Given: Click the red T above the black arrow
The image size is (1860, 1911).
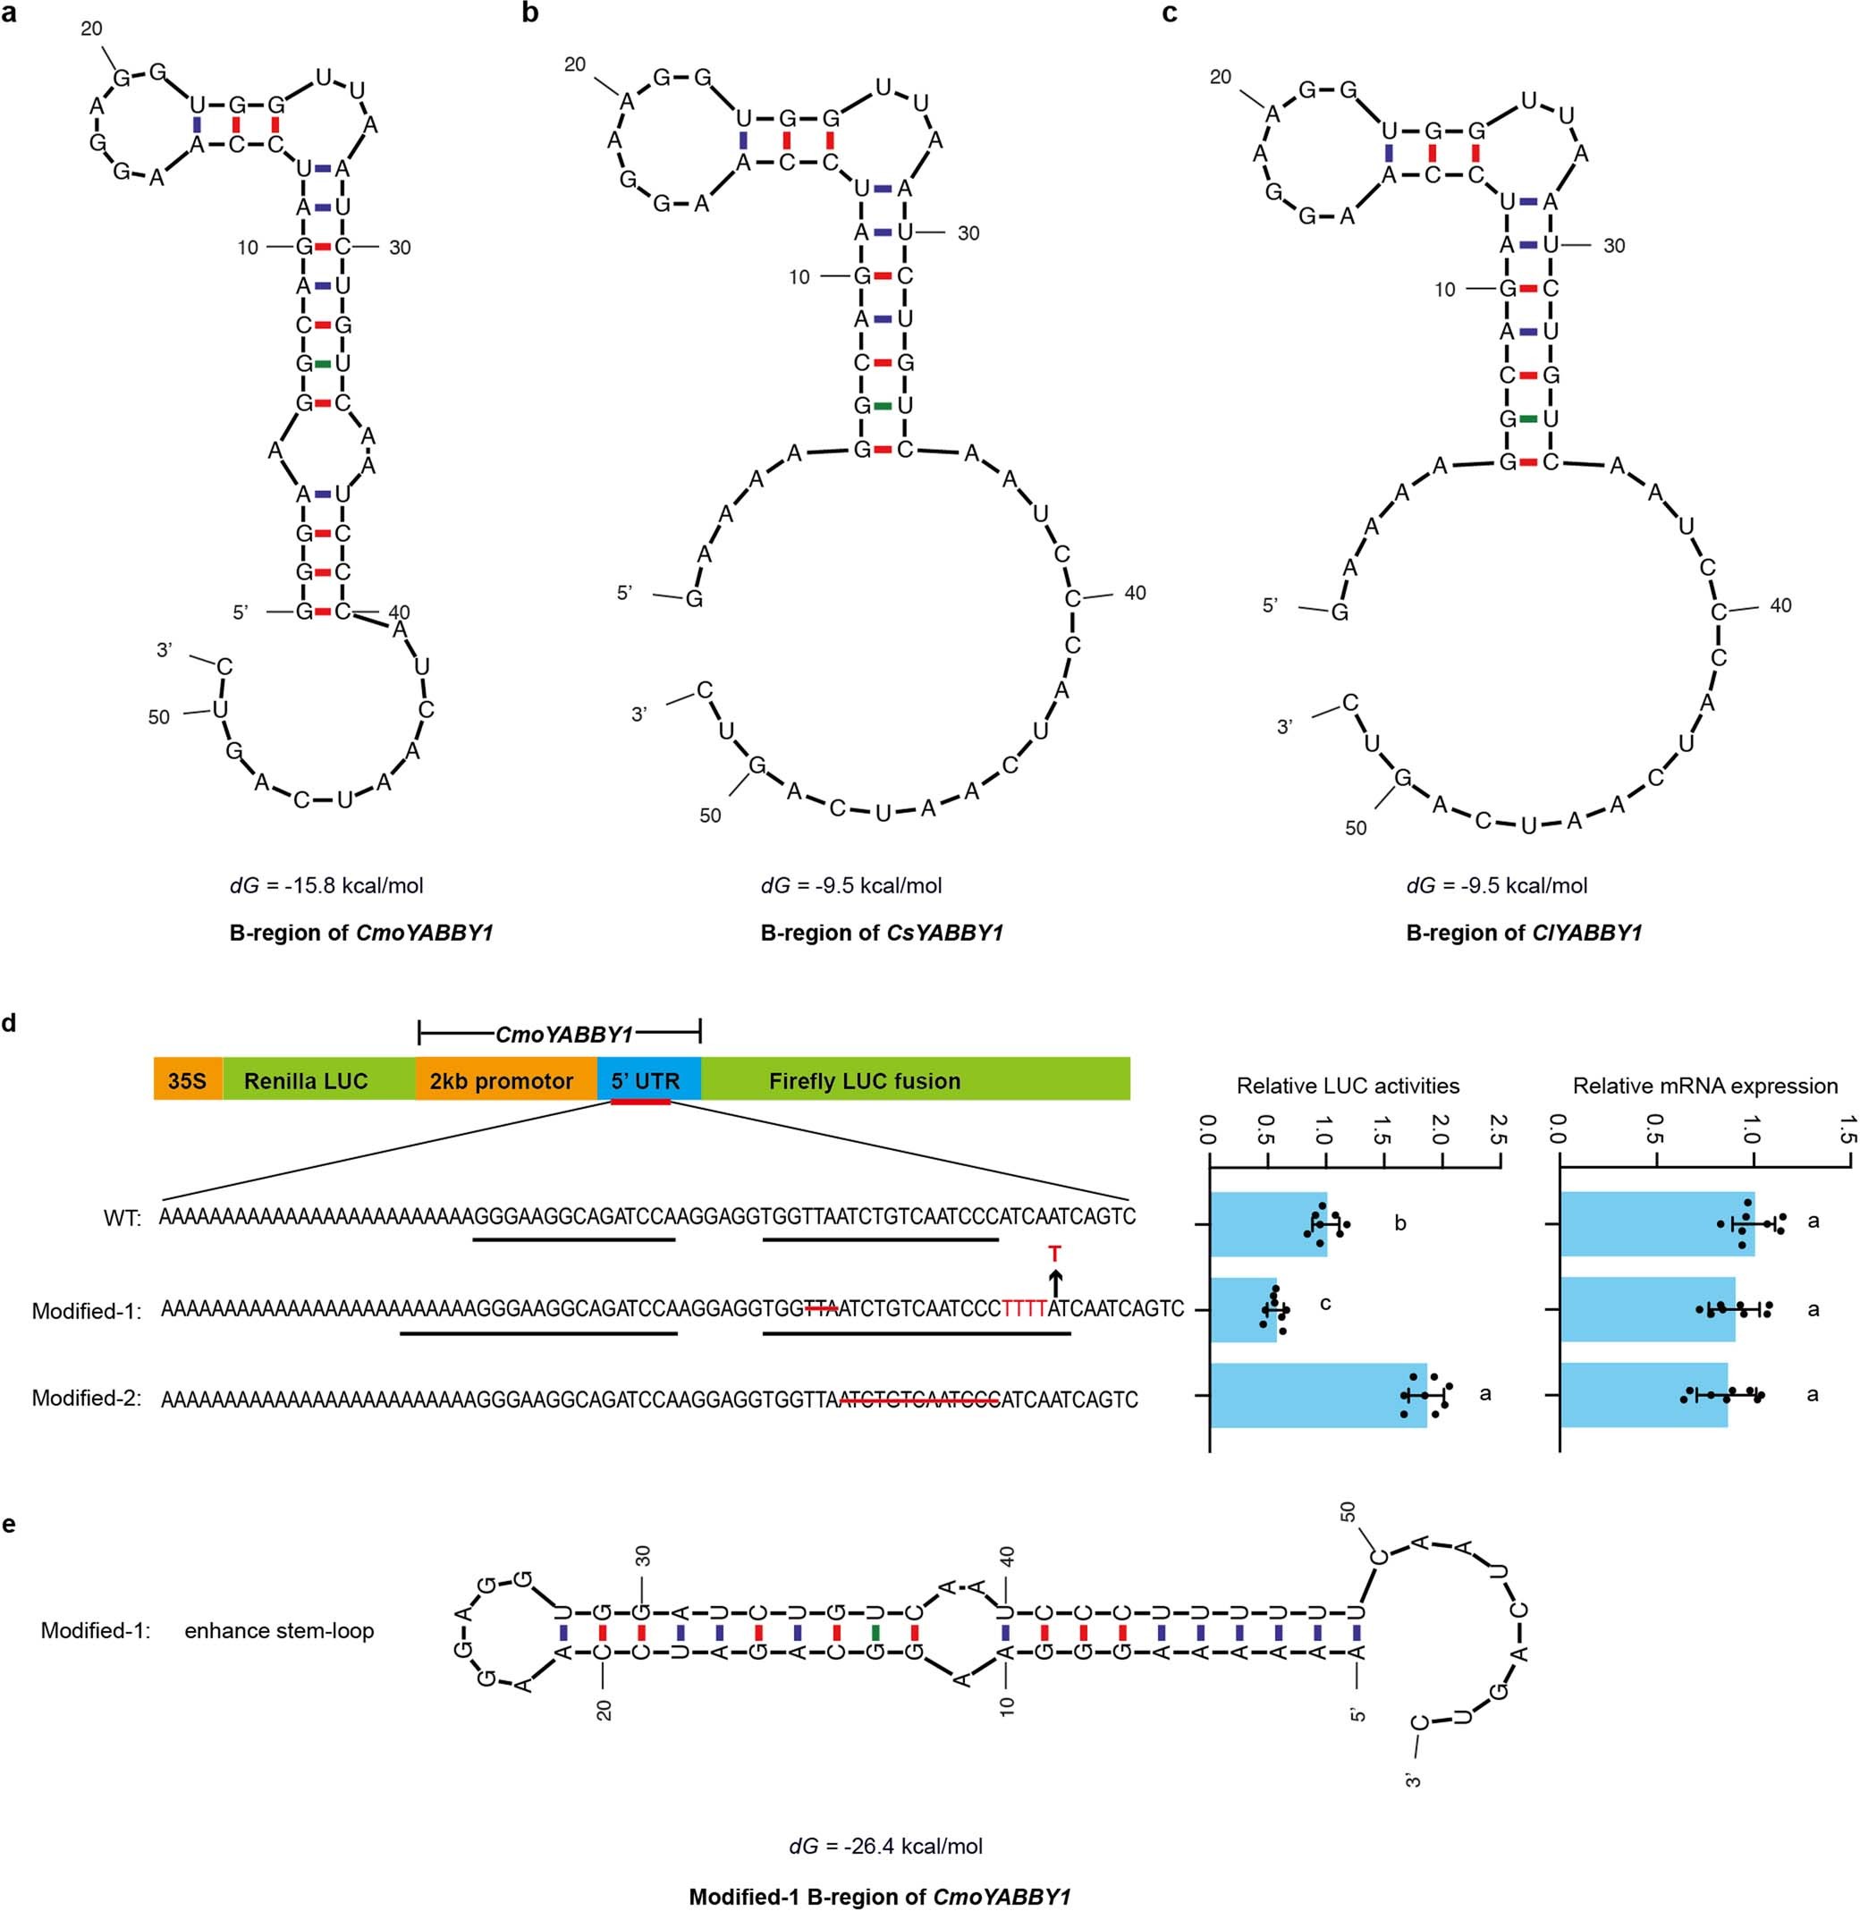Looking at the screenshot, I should (1054, 1254).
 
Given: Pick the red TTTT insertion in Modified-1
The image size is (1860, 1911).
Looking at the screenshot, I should (1025, 1309).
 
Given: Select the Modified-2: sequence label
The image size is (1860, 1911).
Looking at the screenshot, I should (87, 1398).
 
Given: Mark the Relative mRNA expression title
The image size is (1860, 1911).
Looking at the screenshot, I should (1704, 1086).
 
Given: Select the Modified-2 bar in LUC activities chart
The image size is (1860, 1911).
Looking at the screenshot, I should (1318, 1395).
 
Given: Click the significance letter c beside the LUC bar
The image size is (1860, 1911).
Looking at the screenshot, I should (1324, 1303).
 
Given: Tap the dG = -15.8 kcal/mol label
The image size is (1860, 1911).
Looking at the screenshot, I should (326, 886).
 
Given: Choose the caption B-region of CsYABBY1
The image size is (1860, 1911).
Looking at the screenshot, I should (881, 933).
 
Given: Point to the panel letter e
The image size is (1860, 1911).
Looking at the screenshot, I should (10, 1524).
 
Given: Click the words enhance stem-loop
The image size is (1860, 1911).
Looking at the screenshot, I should (279, 1630).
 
